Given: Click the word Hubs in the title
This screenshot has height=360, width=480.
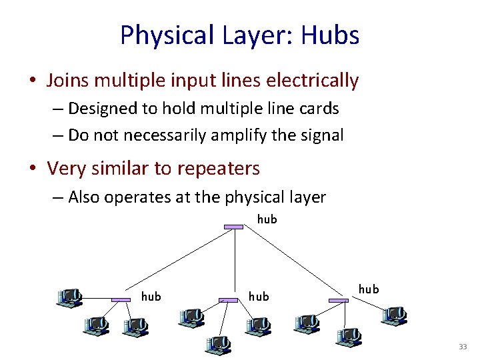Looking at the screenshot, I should pos(330,35).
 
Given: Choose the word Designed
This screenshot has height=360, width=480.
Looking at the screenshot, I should pos(103,108).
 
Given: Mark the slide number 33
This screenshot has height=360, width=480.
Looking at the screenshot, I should pos(463,347).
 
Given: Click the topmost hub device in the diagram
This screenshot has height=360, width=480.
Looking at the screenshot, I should pos(233,227).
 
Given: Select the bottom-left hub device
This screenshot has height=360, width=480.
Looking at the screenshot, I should pos(121,301).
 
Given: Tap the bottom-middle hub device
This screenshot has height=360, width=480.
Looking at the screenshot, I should pos(229,301).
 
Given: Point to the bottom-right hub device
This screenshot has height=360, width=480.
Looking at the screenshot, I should pos(339,301).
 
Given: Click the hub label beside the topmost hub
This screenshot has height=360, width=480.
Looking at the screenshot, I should pos(267,219).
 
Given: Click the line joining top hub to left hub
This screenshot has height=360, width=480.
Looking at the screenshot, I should pos(177,264).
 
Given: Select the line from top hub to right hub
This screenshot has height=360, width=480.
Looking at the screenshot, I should pos(287,264).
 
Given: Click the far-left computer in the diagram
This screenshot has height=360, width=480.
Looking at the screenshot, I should pos(69,298).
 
